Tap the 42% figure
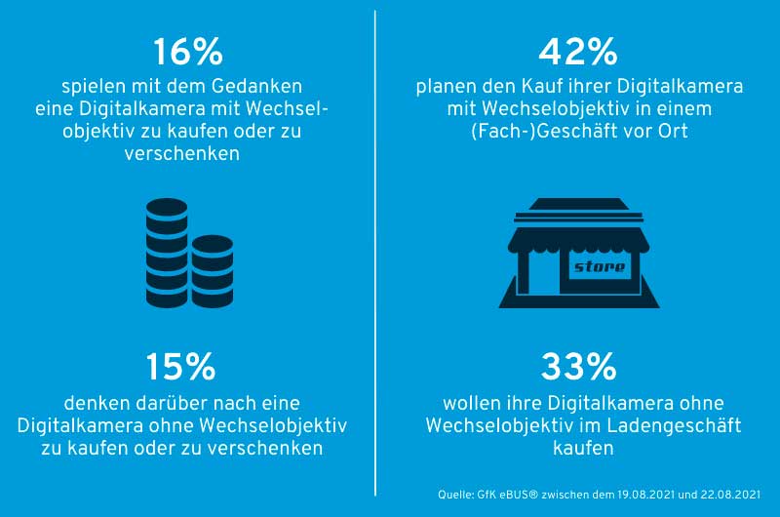[x=579, y=52]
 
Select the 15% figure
[x=180, y=367]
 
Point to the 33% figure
[x=579, y=367]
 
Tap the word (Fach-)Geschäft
[x=554, y=131]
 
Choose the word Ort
[x=673, y=131]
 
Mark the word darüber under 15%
[x=158, y=402]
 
